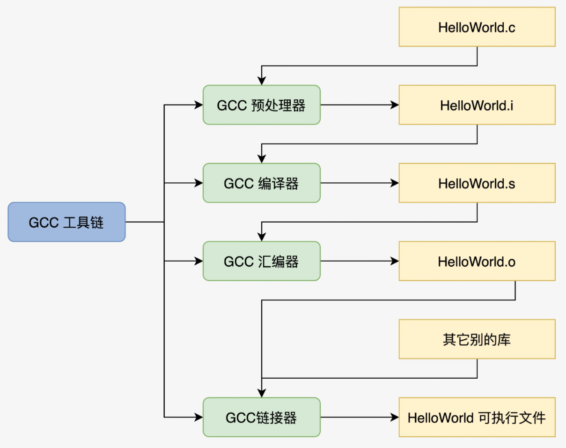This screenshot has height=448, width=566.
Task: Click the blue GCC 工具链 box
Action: (x=66, y=222)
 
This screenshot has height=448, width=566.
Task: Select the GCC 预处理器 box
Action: (x=261, y=105)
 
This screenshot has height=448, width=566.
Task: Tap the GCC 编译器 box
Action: (x=261, y=183)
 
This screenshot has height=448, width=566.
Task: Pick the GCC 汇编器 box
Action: (x=261, y=261)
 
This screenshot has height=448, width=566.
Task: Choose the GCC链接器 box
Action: (x=261, y=417)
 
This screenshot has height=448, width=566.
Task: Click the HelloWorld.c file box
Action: (x=477, y=27)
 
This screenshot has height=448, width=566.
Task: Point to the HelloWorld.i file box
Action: (x=477, y=105)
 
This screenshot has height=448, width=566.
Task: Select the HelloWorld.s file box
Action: (x=477, y=183)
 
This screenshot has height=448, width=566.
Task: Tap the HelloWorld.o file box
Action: (x=477, y=261)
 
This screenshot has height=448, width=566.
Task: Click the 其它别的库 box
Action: (x=477, y=339)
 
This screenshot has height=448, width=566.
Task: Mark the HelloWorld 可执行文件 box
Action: (x=477, y=417)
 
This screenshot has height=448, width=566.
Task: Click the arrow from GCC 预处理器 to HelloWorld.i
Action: (x=359, y=105)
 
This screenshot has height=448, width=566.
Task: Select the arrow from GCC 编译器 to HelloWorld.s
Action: (x=359, y=183)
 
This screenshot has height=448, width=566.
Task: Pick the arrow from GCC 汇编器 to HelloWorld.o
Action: (x=359, y=261)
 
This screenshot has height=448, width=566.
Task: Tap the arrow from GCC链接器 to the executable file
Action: (x=359, y=417)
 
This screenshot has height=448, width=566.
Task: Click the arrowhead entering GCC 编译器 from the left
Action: (x=198, y=183)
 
